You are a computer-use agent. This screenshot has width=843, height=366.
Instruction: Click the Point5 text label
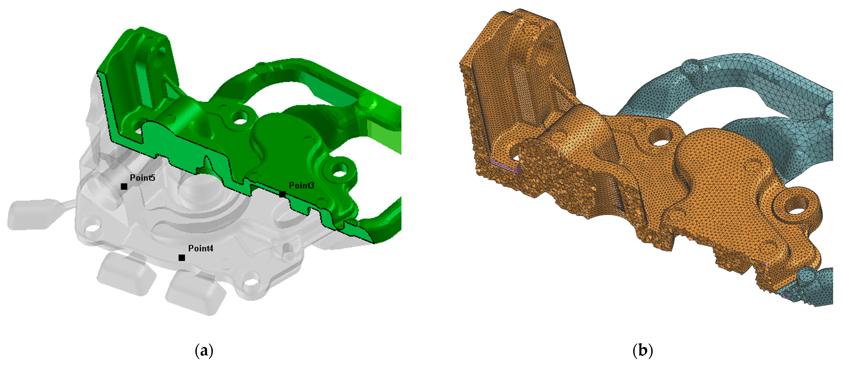coord(142,178)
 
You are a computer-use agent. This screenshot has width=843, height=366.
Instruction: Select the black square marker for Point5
coord(124,186)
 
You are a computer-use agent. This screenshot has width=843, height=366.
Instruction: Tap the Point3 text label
coord(301,186)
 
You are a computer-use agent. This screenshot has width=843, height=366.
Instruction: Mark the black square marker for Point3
coord(282,194)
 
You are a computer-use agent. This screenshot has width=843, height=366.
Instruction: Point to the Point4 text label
coord(201,248)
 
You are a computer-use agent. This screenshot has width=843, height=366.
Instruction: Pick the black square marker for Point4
coord(182,258)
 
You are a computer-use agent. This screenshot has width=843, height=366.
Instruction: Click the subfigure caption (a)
coord(204,351)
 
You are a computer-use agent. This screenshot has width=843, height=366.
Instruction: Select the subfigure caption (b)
coord(643,351)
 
